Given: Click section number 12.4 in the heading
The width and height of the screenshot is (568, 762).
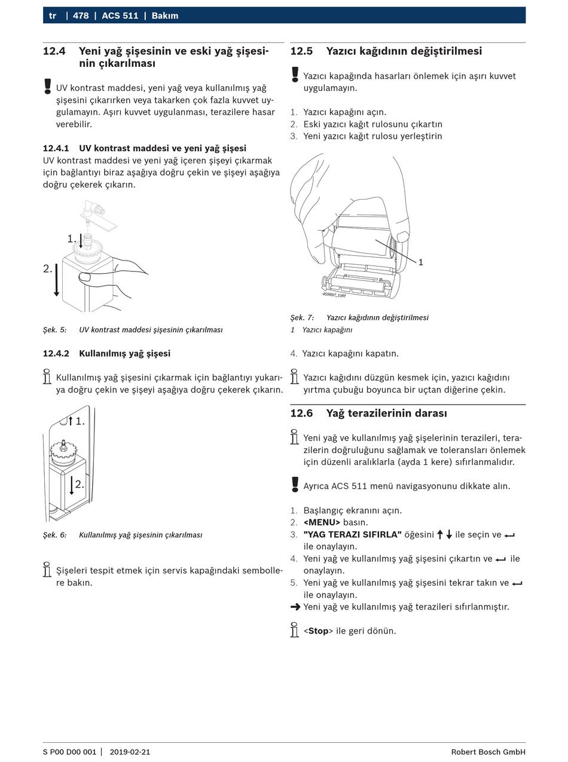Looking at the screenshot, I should click(54, 51).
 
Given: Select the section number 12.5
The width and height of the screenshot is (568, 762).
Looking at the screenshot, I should click(301, 51).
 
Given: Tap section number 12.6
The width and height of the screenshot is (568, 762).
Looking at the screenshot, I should click(301, 414).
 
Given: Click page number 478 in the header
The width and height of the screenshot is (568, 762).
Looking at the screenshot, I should click(81, 16).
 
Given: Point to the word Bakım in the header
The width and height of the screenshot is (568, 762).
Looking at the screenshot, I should click(165, 16).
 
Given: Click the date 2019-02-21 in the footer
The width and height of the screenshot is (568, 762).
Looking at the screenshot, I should click(130, 752).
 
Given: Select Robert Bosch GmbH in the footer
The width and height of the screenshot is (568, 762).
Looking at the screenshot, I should click(488, 752).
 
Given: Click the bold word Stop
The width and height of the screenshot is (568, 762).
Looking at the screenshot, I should click(318, 631).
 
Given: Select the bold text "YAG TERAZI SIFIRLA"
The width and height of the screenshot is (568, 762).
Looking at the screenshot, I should click(352, 534).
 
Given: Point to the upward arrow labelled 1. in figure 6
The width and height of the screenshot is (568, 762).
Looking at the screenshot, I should click(71, 421).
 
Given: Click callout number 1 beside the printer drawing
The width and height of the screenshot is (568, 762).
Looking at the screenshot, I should click(421, 262).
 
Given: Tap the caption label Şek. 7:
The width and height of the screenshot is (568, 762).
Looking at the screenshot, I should click(302, 318).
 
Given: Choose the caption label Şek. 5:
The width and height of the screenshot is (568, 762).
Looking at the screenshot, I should click(54, 330).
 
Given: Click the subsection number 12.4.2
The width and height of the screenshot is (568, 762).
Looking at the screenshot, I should click(56, 354).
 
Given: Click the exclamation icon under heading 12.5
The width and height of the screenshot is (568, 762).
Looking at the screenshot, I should click(295, 75).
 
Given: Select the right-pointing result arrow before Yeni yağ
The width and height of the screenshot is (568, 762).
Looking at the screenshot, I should click(295, 607).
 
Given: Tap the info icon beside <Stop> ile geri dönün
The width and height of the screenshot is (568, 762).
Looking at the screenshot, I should click(294, 630).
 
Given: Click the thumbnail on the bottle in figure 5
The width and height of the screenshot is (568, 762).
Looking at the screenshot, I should click(85, 277).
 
